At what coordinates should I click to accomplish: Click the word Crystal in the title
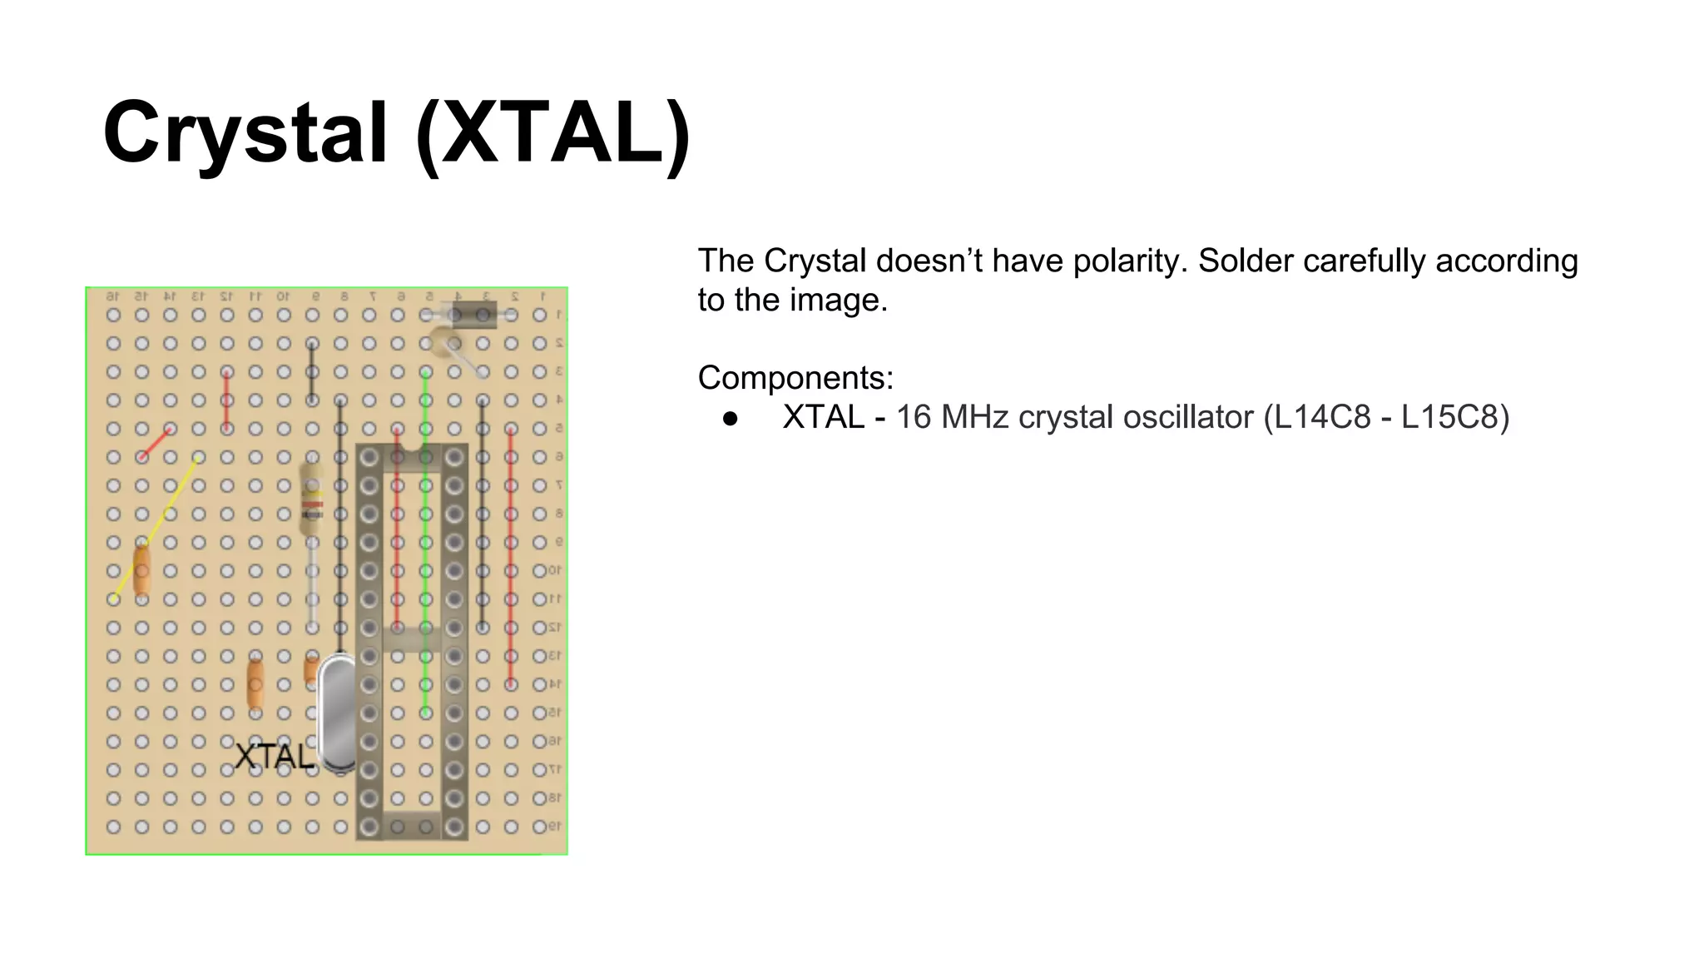tap(245, 133)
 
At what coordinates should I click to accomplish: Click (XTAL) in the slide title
tap(553, 133)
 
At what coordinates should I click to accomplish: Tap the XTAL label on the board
tap(274, 757)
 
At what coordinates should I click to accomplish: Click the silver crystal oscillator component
tap(336, 714)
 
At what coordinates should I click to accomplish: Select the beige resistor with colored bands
tap(312, 500)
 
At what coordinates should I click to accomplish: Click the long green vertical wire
tap(425, 541)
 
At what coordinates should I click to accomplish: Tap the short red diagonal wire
tap(156, 443)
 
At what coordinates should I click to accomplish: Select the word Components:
tap(795, 378)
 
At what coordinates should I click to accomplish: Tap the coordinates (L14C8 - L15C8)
tap(1385, 417)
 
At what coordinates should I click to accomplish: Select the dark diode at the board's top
tap(471, 315)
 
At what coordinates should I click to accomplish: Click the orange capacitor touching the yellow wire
tap(142, 570)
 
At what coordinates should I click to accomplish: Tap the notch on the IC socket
tap(411, 456)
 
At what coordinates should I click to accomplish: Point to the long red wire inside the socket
tap(397, 541)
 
